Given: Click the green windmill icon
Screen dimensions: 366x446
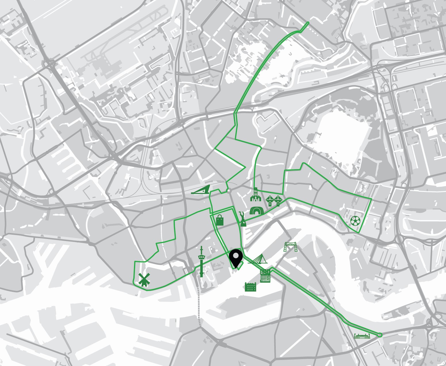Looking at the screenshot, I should coord(144,280).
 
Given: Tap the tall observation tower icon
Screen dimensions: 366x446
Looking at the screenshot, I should coord(202,261).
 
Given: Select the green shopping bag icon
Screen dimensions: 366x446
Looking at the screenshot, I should coord(219,220).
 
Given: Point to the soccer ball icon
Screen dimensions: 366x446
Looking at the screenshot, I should coord(355,221).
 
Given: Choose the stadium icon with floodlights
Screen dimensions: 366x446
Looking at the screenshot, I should coord(362,336).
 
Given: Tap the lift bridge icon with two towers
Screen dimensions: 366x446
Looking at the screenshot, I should coord(290,247).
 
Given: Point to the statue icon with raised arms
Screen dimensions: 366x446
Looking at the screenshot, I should coord(243,219).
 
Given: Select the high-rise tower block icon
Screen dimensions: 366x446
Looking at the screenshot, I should coord(265,276).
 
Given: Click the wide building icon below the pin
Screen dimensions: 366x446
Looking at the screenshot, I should coord(250,287).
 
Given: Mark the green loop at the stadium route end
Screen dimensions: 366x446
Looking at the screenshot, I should coord(380,335).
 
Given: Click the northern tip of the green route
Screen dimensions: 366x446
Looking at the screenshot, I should coord(308,23).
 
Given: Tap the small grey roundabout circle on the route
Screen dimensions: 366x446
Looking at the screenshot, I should coord(229,190).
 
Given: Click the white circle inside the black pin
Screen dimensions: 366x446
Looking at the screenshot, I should coord(236,255).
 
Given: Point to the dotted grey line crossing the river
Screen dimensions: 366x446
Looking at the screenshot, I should coord(198,305).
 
